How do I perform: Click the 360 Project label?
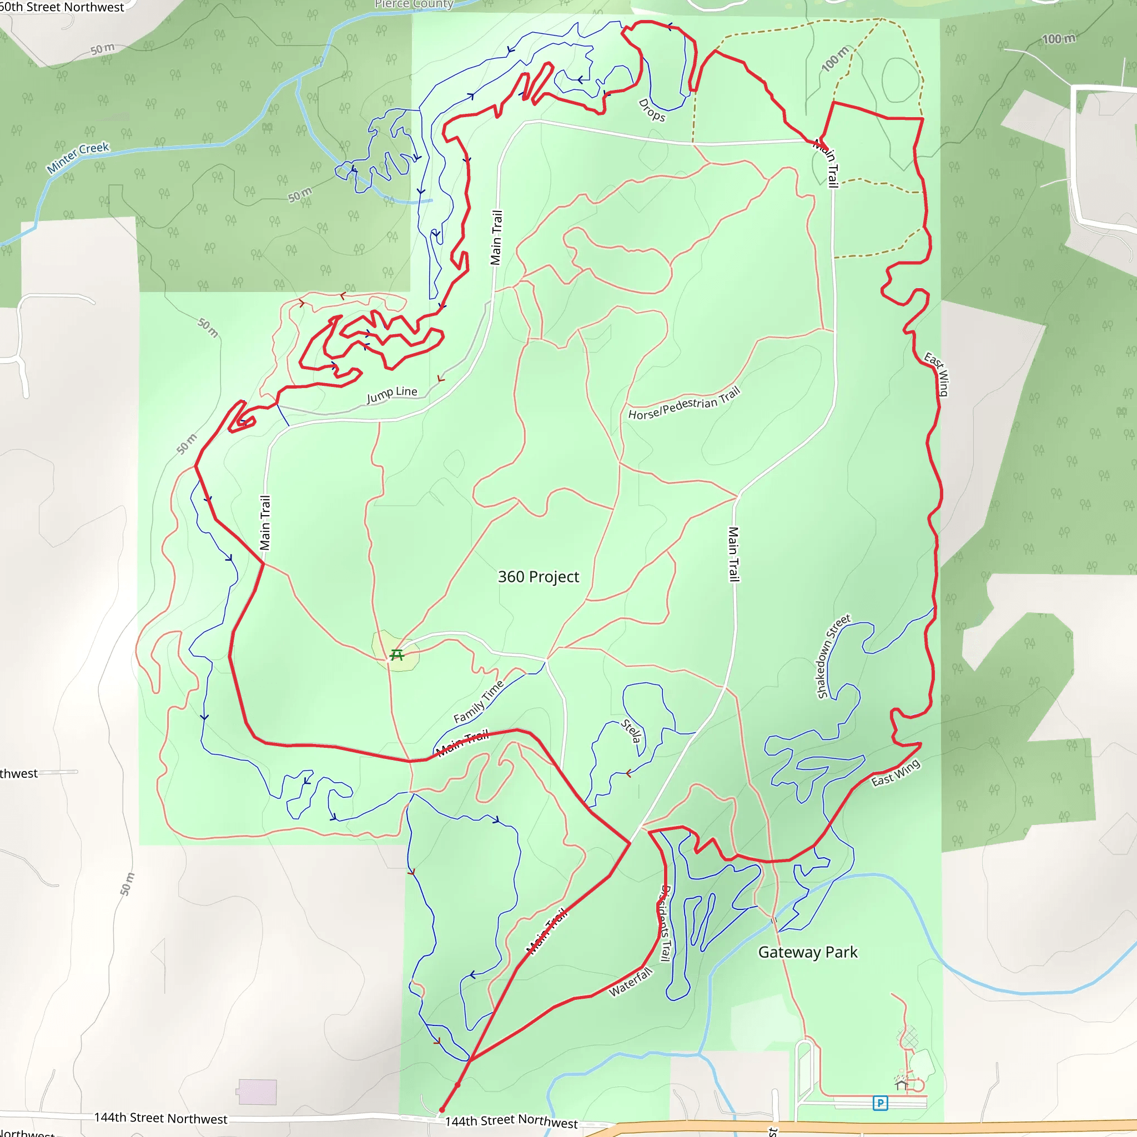click(x=538, y=577)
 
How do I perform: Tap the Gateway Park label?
click(x=807, y=952)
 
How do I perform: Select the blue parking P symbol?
click(x=880, y=1103)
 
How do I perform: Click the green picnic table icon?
click(x=396, y=655)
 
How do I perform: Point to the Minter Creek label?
click(x=78, y=157)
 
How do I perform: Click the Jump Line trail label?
click(x=391, y=394)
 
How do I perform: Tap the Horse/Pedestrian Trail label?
click(x=683, y=404)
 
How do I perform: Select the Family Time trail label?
click(x=478, y=702)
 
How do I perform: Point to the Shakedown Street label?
click(x=833, y=656)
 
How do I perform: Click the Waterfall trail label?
click(x=630, y=982)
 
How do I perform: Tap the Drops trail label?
click(x=651, y=110)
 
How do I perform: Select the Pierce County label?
click(x=414, y=4)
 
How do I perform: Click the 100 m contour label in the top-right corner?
click(x=1059, y=39)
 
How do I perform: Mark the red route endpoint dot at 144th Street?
click(x=442, y=1110)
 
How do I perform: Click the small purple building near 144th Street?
click(x=257, y=1092)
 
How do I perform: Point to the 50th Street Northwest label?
click(x=62, y=7)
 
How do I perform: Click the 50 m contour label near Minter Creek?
click(x=300, y=194)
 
